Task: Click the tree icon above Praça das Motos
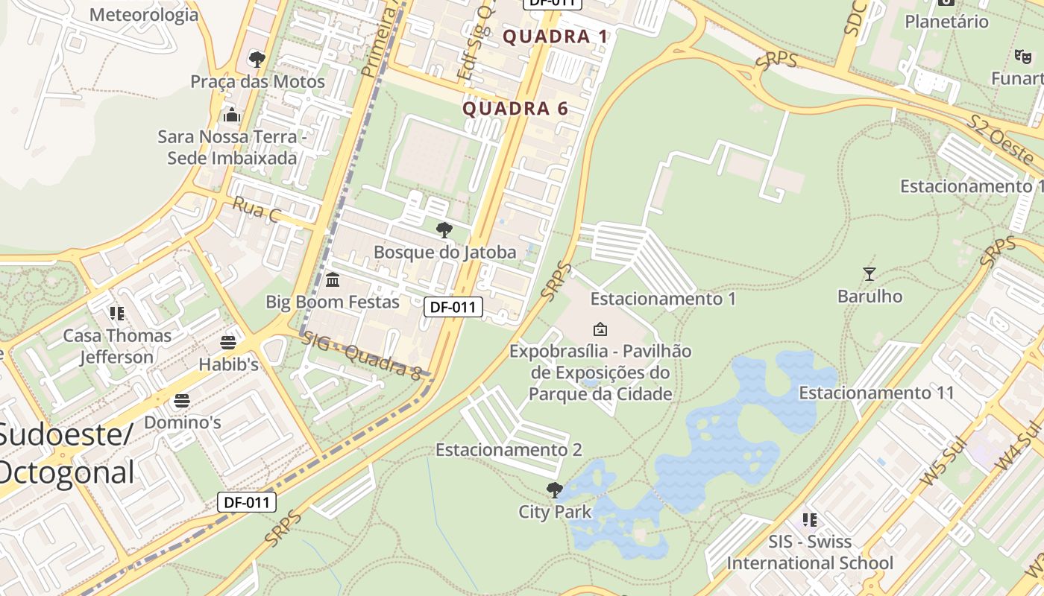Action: pyautogui.click(x=257, y=59)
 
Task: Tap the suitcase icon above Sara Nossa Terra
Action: pyautogui.click(x=232, y=115)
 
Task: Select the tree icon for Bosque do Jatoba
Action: pyautogui.click(x=444, y=230)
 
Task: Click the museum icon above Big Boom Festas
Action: pyautogui.click(x=333, y=280)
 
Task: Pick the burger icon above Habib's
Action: pyautogui.click(x=228, y=343)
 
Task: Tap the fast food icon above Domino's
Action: pyautogui.click(x=182, y=401)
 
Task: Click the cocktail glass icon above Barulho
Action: pyautogui.click(x=869, y=273)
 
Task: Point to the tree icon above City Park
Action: pyautogui.click(x=554, y=489)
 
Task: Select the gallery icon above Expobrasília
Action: pyautogui.click(x=600, y=329)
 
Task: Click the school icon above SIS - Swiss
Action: pyautogui.click(x=810, y=519)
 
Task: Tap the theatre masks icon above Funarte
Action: pyautogui.click(x=1022, y=56)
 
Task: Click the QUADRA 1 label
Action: pyautogui.click(x=556, y=37)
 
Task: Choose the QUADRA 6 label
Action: pyautogui.click(x=515, y=109)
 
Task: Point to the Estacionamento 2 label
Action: pyautogui.click(x=509, y=450)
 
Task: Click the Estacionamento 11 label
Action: pyautogui.click(x=876, y=393)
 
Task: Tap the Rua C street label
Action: pyautogui.click(x=256, y=210)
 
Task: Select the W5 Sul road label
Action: pyautogui.click(x=943, y=463)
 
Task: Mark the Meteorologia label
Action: pyautogui.click(x=144, y=15)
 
